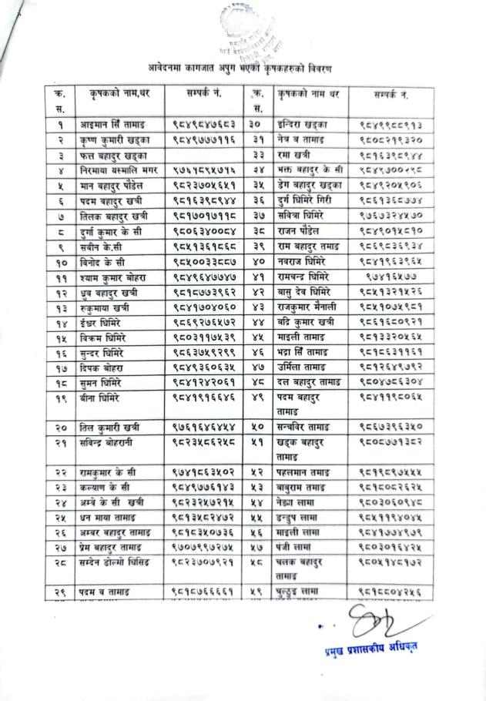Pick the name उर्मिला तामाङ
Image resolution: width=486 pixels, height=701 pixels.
click(301, 368)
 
